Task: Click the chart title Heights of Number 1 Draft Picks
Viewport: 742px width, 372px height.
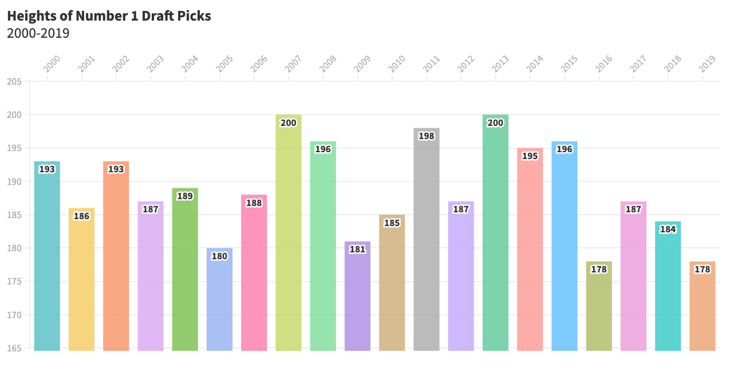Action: point(109,16)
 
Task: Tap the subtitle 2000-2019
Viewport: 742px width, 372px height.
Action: point(38,34)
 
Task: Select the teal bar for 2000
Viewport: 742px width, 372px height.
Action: point(47,258)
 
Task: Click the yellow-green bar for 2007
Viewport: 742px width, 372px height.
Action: point(289,235)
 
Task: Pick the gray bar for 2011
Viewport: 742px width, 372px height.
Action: point(427,240)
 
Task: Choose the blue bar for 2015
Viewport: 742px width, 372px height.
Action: point(565,246)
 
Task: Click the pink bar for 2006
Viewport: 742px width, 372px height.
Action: point(254,275)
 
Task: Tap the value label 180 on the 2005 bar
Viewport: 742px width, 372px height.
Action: point(219,256)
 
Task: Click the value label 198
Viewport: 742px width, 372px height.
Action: point(427,136)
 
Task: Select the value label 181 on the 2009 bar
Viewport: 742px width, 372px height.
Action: point(357,250)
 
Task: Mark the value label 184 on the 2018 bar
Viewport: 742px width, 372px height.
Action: point(668,229)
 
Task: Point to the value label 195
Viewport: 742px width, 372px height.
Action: point(530,156)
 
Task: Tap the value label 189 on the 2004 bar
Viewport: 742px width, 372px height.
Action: point(185,196)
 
